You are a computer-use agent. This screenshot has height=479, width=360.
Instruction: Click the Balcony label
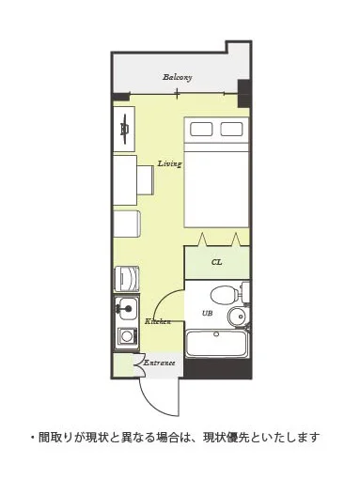tap(177, 77)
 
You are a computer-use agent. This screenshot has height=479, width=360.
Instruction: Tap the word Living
tap(169, 163)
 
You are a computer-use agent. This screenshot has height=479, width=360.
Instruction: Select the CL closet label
tap(216, 262)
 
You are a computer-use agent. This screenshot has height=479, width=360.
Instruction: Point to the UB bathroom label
tap(207, 313)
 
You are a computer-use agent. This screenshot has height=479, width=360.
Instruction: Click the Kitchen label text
tap(158, 321)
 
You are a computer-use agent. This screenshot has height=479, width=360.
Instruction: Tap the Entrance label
tap(159, 363)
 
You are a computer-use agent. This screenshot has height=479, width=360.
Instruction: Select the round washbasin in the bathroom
tap(238, 317)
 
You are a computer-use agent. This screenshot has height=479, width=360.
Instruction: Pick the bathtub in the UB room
tap(216, 344)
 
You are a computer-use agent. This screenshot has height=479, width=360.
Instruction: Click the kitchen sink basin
tap(126, 308)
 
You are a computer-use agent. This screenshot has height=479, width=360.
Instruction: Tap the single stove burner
tap(127, 336)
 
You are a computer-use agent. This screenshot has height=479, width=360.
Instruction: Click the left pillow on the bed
tap(201, 129)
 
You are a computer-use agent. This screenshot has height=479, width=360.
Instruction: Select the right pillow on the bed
tap(231, 129)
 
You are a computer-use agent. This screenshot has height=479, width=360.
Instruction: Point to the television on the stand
tap(125, 129)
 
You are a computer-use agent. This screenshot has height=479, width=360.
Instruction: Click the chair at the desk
tap(146, 180)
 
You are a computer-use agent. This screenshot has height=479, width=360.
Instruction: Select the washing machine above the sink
tap(127, 279)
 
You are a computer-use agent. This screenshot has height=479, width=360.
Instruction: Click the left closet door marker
tap(203, 239)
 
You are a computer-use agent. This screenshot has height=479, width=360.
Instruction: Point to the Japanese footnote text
tap(175, 437)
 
